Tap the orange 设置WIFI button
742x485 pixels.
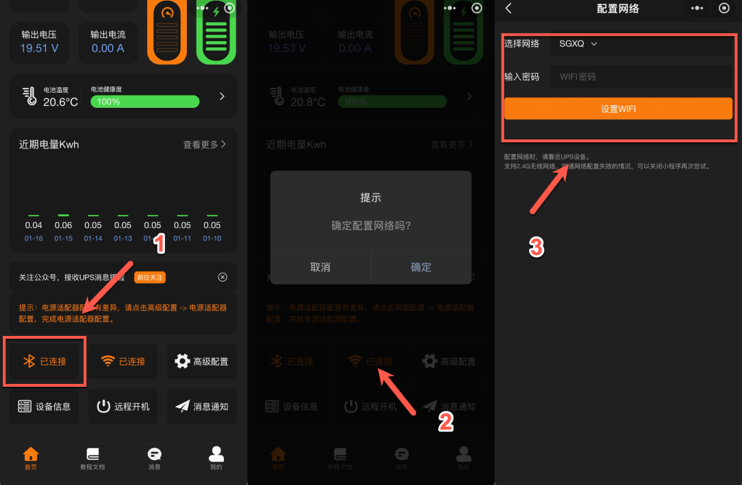[618, 109]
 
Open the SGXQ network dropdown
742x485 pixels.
[578, 44]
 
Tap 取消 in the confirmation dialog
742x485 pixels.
[320, 267]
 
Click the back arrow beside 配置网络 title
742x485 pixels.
[508, 8]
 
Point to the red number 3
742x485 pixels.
[537, 247]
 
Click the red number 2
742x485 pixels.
[446, 422]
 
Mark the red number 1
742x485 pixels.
[159, 243]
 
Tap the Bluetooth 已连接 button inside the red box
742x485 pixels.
[45, 361]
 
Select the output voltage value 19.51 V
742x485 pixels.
[39, 48]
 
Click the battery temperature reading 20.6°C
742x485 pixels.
[60, 102]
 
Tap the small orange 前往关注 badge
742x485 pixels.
[150, 278]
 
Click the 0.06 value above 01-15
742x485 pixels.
[63, 225]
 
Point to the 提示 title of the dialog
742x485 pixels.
[370, 198]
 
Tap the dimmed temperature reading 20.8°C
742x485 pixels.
[308, 102]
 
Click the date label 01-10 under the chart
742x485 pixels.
[212, 238]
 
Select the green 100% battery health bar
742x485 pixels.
[145, 102]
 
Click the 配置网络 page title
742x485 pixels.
[618, 8]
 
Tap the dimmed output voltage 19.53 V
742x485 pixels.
[286, 48]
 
